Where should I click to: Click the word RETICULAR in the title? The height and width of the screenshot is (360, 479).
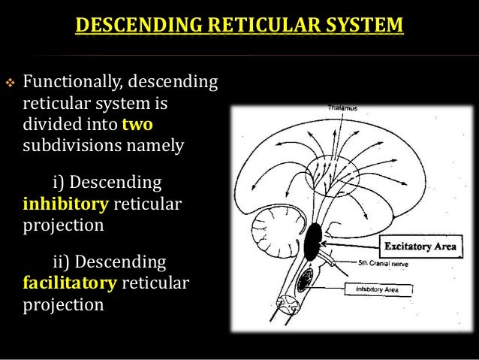coord(258,29)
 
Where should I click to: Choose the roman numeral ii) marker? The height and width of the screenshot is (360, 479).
coord(60,264)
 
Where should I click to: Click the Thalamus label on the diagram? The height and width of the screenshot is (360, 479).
coord(342,110)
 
